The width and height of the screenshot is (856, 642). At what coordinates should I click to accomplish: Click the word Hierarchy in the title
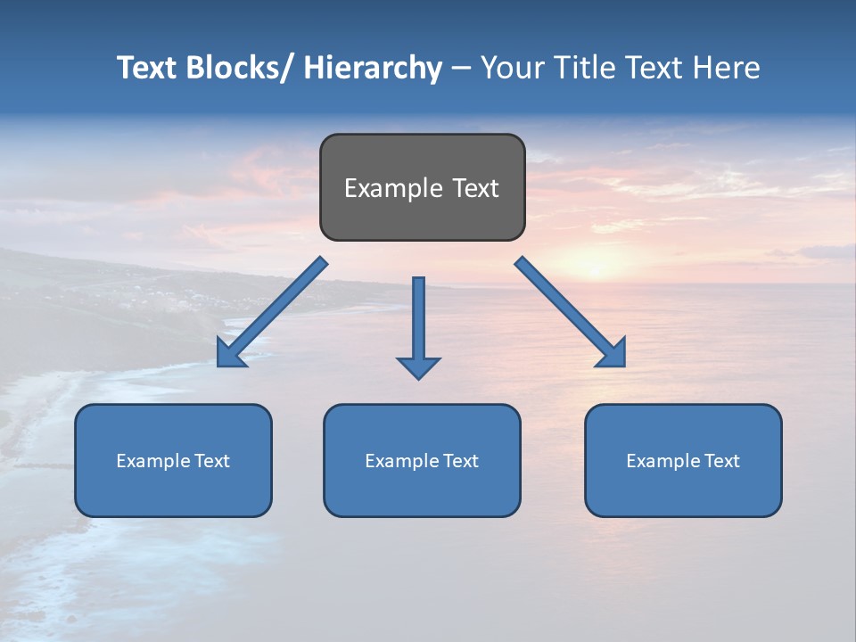(373, 68)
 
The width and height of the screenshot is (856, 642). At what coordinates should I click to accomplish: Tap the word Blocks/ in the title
(236, 68)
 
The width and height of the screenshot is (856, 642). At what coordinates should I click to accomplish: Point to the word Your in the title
(513, 68)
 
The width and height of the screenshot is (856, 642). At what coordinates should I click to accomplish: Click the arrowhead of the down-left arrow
(229, 355)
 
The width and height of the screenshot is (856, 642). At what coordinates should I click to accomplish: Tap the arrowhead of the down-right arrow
(613, 354)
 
